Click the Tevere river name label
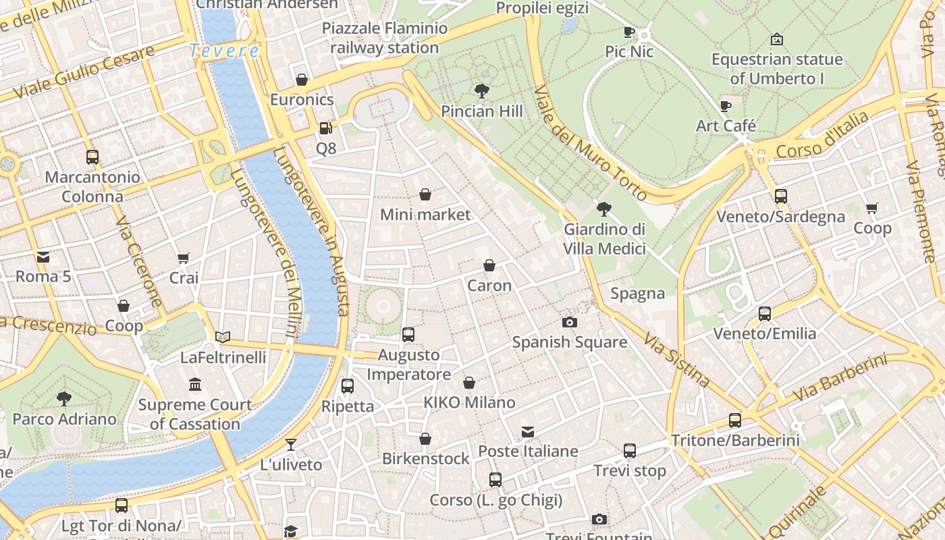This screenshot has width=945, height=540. (224, 51)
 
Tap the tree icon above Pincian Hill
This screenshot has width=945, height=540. (482, 90)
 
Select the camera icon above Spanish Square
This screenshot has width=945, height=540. (570, 322)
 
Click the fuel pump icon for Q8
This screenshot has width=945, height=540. (325, 128)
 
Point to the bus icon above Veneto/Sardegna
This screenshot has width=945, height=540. (781, 196)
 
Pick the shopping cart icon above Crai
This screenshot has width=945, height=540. (184, 258)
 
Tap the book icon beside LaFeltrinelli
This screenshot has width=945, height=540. (223, 337)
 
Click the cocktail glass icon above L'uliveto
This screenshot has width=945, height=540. (291, 444)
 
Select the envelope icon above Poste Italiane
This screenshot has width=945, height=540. (528, 431)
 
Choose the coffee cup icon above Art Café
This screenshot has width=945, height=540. (726, 106)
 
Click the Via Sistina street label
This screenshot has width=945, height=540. (676, 359)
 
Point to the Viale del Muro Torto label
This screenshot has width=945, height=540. (590, 143)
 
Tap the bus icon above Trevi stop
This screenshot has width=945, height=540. (630, 450)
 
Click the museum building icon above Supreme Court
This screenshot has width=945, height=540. (195, 384)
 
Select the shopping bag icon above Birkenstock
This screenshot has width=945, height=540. (425, 439)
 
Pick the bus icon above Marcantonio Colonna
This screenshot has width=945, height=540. (92, 157)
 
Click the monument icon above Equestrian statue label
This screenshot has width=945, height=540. (777, 39)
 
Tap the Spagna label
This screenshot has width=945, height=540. (638, 294)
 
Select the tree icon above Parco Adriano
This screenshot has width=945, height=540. (64, 398)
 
